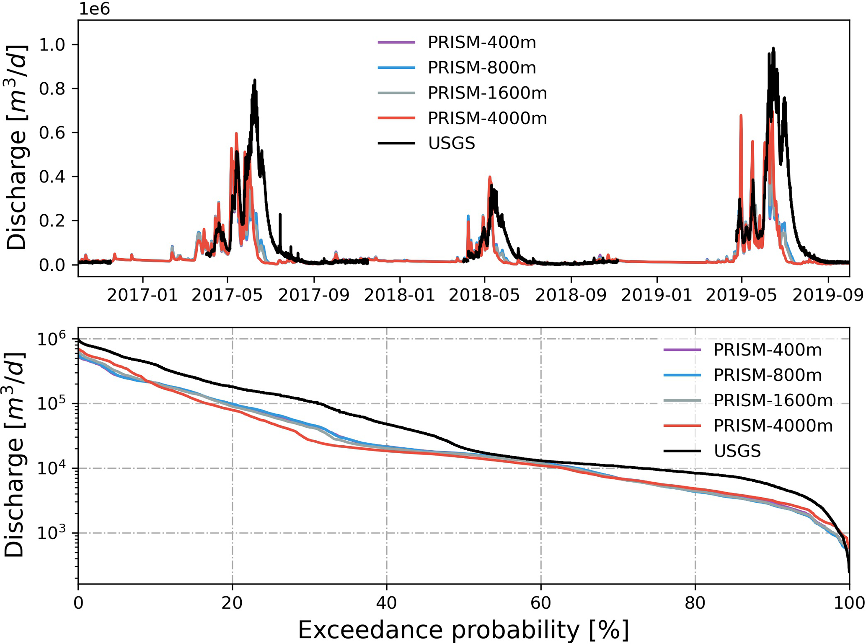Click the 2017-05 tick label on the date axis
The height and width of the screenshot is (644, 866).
point(227,295)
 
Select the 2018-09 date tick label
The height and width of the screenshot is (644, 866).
point(571,295)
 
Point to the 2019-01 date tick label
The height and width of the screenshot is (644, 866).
point(657,295)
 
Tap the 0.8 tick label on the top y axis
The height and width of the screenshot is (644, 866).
point(52,89)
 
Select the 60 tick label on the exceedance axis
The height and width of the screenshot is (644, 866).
point(540,603)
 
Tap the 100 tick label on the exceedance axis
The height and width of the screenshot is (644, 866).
point(849,603)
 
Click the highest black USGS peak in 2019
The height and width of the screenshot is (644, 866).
point(773,49)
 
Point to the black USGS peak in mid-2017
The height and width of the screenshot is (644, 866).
point(255,80)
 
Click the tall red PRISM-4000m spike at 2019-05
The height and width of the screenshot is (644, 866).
point(741,115)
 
